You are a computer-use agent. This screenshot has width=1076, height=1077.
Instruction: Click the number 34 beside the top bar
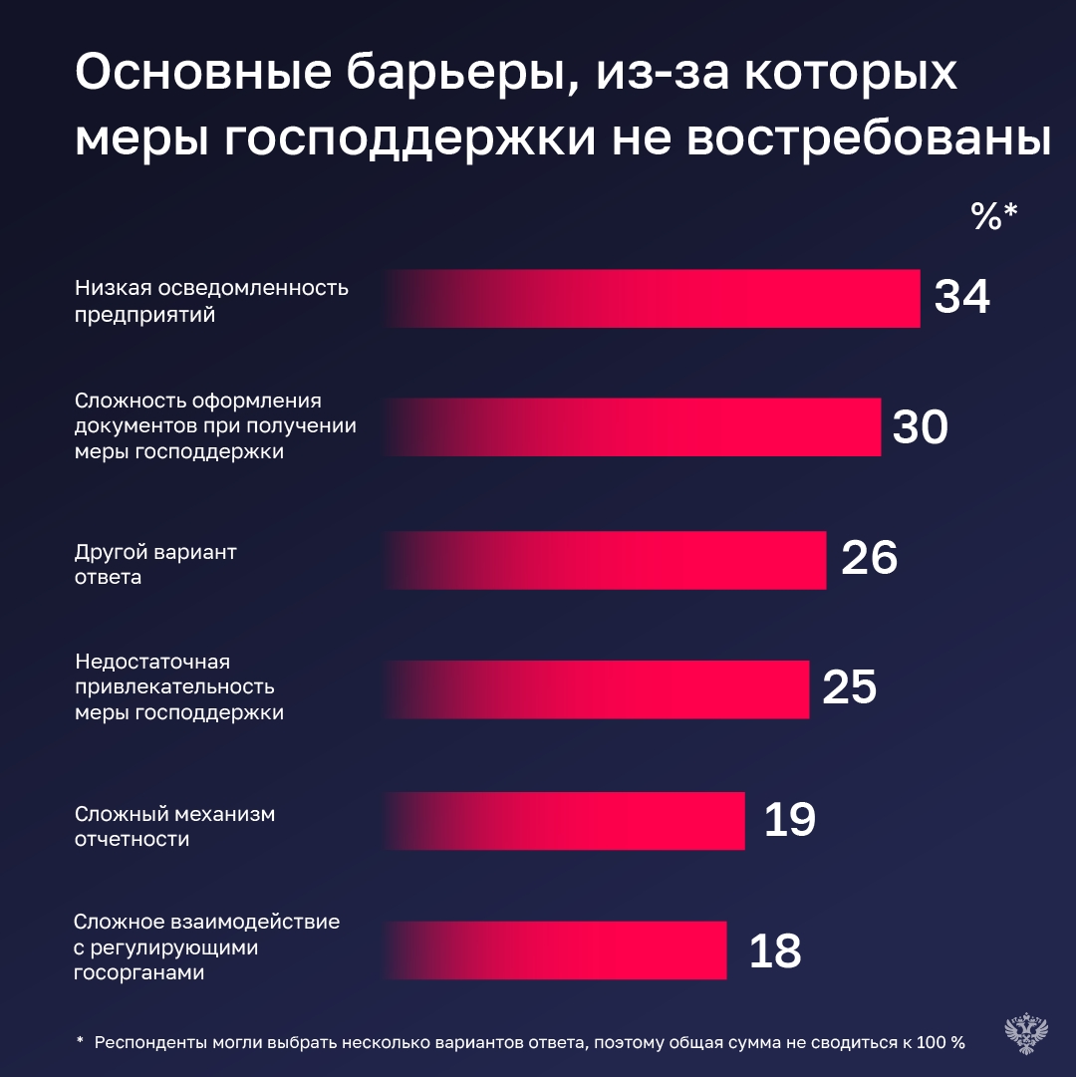pyautogui.click(x=961, y=297)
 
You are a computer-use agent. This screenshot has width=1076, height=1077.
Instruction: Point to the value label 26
pyautogui.click(x=869, y=559)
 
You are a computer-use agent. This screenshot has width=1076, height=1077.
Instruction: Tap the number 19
pyautogui.click(x=789, y=820)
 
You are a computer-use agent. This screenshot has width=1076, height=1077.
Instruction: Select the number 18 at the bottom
pyautogui.click(x=774, y=951)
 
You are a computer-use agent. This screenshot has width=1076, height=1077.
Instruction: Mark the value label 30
pyautogui.click(x=919, y=427)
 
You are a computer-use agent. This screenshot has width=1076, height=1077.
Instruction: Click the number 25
pyautogui.click(x=849, y=688)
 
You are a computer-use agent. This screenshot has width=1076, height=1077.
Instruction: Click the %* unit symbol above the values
pyautogui.click(x=995, y=216)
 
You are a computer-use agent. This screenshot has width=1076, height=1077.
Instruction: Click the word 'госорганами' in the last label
pyautogui.click(x=139, y=973)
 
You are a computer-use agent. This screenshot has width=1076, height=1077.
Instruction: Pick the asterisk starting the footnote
pyautogui.click(x=80, y=1041)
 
